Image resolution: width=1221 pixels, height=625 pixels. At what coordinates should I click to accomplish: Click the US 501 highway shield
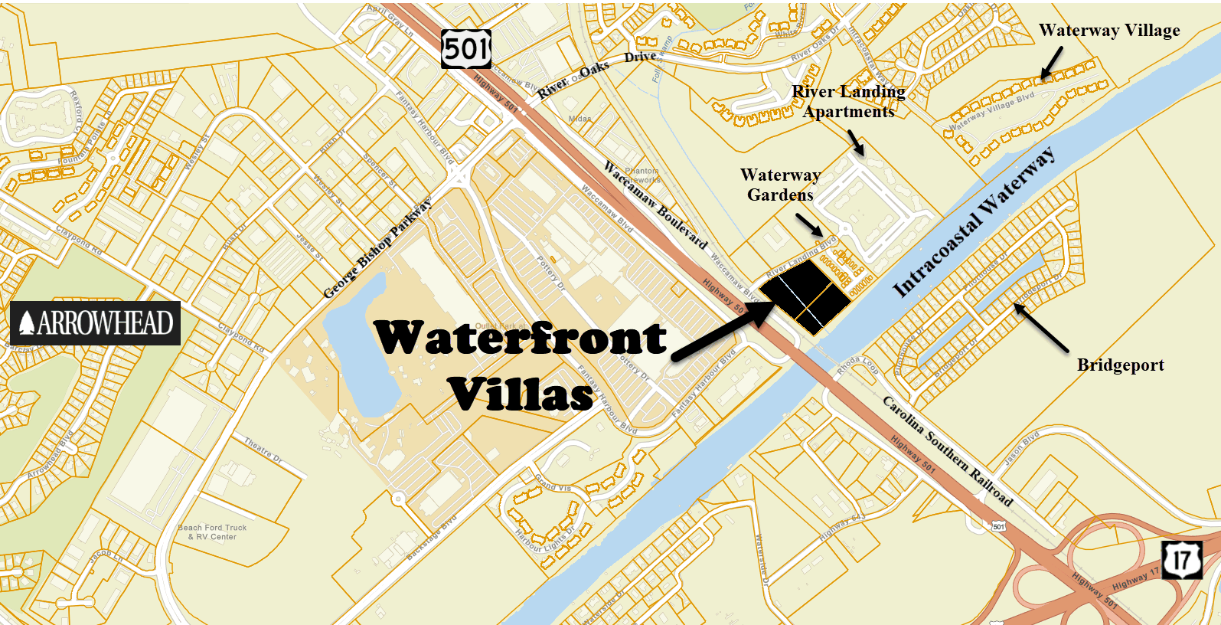pyautogui.click(x=466, y=49)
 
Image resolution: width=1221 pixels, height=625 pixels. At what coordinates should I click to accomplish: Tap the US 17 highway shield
pyautogui.click(x=1181, y=559)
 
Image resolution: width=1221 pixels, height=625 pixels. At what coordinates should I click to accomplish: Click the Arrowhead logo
pyautogui.click(x=96, y=323)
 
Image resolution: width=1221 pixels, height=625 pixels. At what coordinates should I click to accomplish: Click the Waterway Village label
pyautogui.click(x=1108, y=31)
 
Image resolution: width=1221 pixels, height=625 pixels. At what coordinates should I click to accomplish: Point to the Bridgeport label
pyautogui.click(x=1120, y=365)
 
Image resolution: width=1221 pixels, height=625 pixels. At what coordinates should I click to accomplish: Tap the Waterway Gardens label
pyautogui.click(x=780, y=185)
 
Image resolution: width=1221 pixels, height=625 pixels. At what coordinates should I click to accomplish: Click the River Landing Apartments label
pyautogui.click(x=848, y=102)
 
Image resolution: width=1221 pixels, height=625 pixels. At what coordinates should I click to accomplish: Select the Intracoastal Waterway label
pyautogui.click(x=974, y=221)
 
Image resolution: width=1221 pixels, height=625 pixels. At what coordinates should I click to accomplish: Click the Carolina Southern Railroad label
pyautogui.click(x=948, y=452)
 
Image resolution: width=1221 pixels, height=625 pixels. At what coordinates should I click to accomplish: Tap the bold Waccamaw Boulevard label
pyautogui.click(x=655, y=205)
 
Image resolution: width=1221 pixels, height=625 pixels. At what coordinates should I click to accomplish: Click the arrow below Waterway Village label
pyautogui.click(x=1050, y=64)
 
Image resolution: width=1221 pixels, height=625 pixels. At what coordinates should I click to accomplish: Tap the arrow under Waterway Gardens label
pyautogui.click(x=809, y=225)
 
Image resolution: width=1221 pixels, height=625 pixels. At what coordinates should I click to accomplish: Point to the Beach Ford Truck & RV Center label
pyautogui.click(x=212, y=532)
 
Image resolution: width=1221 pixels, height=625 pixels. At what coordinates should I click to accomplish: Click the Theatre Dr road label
pyautogui.click(x=263, y=450)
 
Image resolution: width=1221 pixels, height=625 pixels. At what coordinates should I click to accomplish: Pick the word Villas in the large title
pyautogui.click(x=521, y=394)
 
